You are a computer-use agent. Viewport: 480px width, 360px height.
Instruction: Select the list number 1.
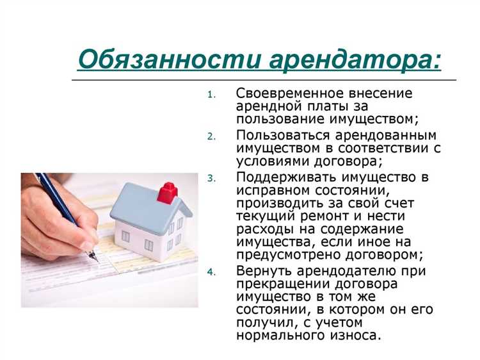[212, 95]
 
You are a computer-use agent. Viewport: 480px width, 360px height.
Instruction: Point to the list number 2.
[212, 136]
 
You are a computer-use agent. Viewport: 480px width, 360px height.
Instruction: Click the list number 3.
[212, 177]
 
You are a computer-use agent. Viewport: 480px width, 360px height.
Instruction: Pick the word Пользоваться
[276, 135]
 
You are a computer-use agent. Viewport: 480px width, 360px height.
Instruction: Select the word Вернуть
[260, 270]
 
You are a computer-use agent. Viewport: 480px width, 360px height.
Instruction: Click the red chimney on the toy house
[167, 191]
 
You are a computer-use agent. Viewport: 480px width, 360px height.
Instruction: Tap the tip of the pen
[97, 260]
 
